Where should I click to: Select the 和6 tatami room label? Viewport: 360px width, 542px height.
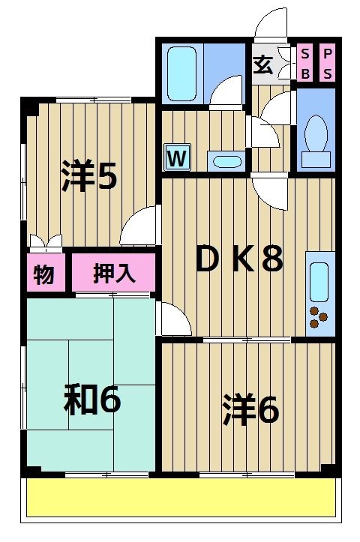tap(91, 401)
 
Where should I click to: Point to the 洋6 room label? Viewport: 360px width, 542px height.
tap(250, 409)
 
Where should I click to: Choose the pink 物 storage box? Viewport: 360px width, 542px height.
tap(44, 274)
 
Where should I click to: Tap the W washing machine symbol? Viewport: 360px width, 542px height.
tap(177, 157)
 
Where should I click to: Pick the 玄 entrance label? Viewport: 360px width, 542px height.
tap(262, 64)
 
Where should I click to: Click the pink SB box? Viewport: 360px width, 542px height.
tap(305, 63)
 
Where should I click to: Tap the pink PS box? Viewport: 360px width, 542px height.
tap(328, 63)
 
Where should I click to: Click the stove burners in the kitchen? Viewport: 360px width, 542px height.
tap(319, 318)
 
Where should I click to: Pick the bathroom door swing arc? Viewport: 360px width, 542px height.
tap(226, 92)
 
